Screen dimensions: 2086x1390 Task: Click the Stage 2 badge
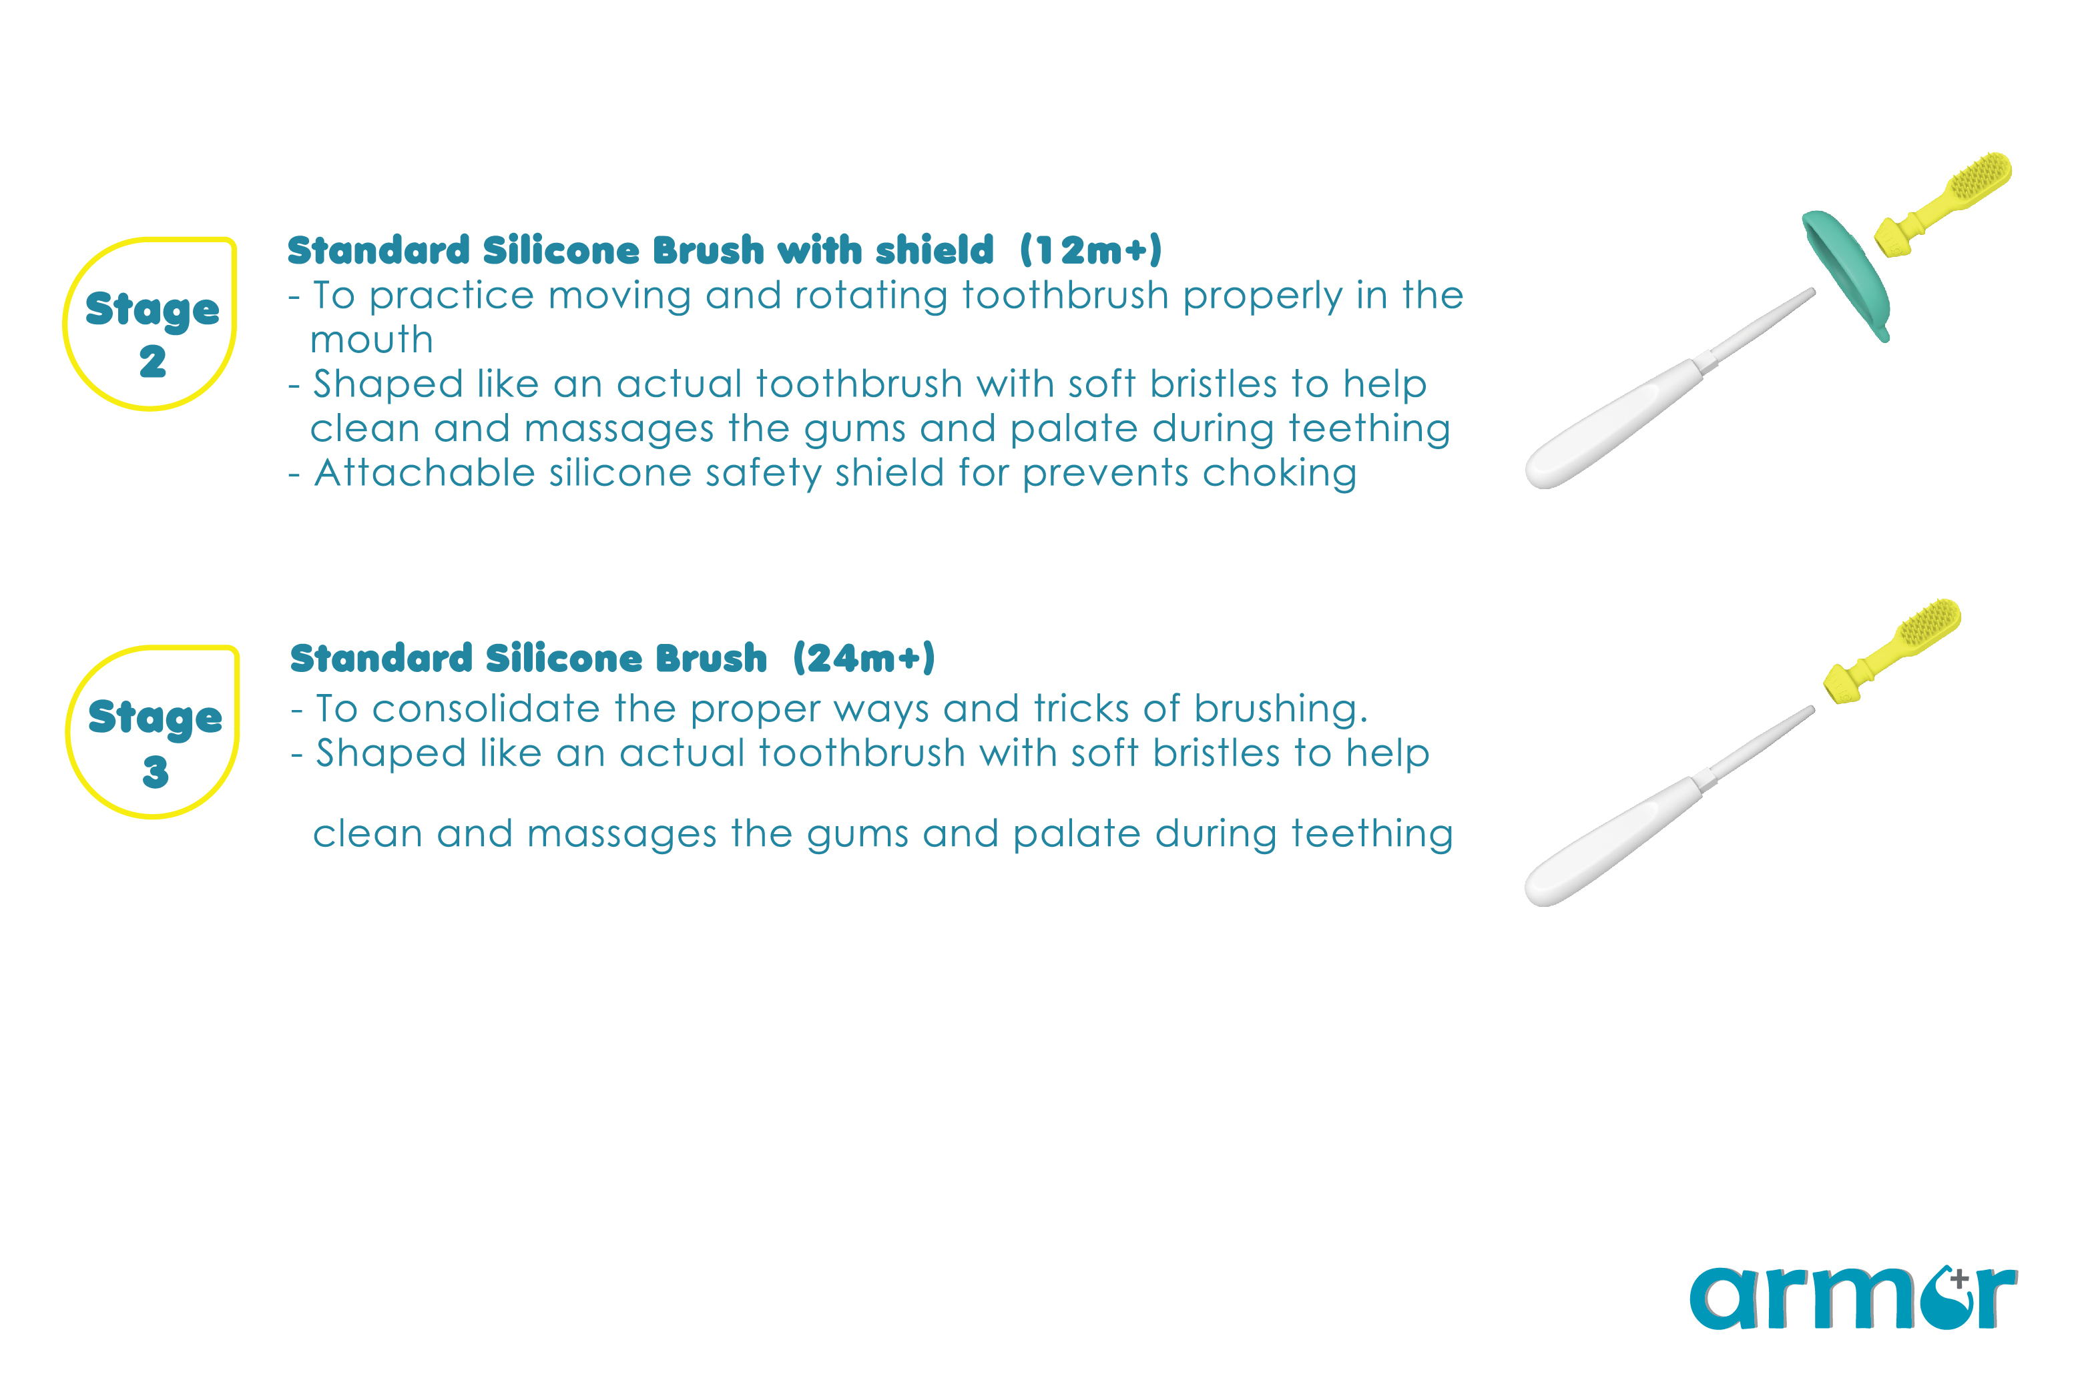(150, 324)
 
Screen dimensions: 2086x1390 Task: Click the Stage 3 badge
(152, 731)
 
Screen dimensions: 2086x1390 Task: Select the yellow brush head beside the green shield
(1942, 206)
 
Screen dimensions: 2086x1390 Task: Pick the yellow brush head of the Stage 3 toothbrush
(1891, 651)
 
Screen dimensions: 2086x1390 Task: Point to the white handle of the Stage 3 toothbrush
(1667, 807)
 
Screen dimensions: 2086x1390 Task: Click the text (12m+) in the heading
(1091, 251)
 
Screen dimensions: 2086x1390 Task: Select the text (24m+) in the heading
(864, 659)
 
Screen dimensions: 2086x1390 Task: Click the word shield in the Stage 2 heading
(935, 250)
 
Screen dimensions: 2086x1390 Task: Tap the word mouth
(371, 340)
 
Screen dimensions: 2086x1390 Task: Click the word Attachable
(425, 472)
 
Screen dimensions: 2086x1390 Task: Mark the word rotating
(872, 296)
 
